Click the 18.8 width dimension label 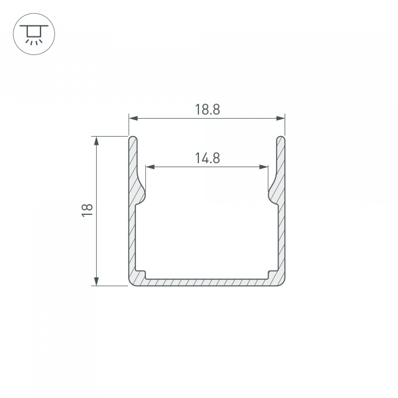[207, 109]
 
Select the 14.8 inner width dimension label [207, 158]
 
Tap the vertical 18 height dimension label [87, 211]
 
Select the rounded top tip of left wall [132, 138]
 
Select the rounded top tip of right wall [281, 138]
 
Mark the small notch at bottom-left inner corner [141, 273]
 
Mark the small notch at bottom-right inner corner [272, 273]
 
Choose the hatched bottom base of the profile [207, 282]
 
